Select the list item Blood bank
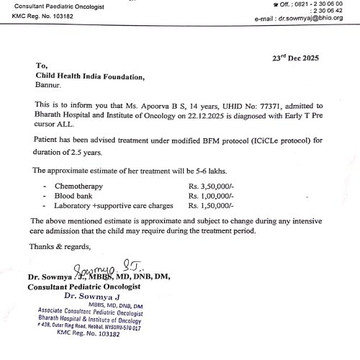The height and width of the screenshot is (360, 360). coord(76,196)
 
